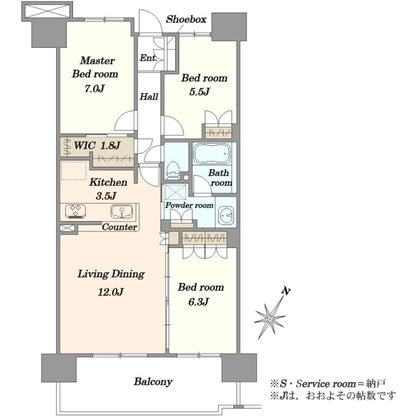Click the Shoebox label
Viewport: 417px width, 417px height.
186,19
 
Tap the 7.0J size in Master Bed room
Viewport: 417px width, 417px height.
95,88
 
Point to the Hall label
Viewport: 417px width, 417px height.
149,97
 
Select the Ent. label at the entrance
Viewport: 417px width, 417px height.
149,58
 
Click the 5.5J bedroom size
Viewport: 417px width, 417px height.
199,92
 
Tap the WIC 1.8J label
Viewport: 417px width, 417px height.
97,145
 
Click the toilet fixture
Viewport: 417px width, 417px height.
173,170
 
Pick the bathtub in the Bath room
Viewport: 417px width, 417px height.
212,154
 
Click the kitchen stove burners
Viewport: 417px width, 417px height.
76,211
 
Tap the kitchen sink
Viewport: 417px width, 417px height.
122,211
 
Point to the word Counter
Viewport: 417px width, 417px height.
120,227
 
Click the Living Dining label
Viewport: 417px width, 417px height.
111,275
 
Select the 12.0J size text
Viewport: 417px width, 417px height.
111,293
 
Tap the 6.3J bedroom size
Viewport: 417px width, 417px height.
198,302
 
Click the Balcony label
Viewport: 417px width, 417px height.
153,382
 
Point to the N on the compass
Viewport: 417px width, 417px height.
286,291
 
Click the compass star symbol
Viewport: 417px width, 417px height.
270,318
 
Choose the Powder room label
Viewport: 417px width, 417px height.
189,205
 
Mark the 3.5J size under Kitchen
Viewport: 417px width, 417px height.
106,196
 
